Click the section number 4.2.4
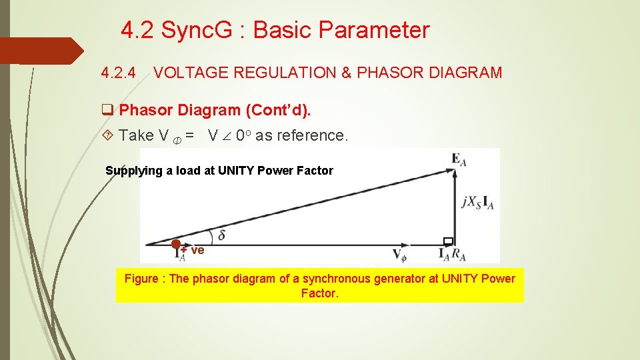point(118,73)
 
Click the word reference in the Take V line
point(313,136)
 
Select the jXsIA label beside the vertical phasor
point(477,203)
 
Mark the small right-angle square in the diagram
point(448,241)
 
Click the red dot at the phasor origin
point(176,244)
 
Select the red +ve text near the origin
point(194,251)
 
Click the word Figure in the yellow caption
point(141,279)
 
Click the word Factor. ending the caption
point(320,293)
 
